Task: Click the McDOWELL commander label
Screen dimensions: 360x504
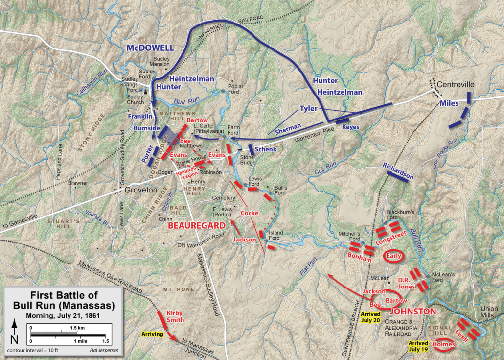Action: [150, 48]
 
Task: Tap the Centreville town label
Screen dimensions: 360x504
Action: [456, 84]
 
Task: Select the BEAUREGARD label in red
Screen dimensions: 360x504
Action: [196, 226]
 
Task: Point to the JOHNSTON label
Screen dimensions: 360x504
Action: [412, 312]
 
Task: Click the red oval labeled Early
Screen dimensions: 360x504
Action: [394, 256]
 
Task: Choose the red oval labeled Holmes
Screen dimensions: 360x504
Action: [444, 344]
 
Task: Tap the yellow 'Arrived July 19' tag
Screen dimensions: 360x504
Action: [418, 346]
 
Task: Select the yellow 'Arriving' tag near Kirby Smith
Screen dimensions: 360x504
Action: [153, 334]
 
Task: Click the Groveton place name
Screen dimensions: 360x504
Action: [140, 190]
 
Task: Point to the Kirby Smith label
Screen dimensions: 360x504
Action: [175, 316]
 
